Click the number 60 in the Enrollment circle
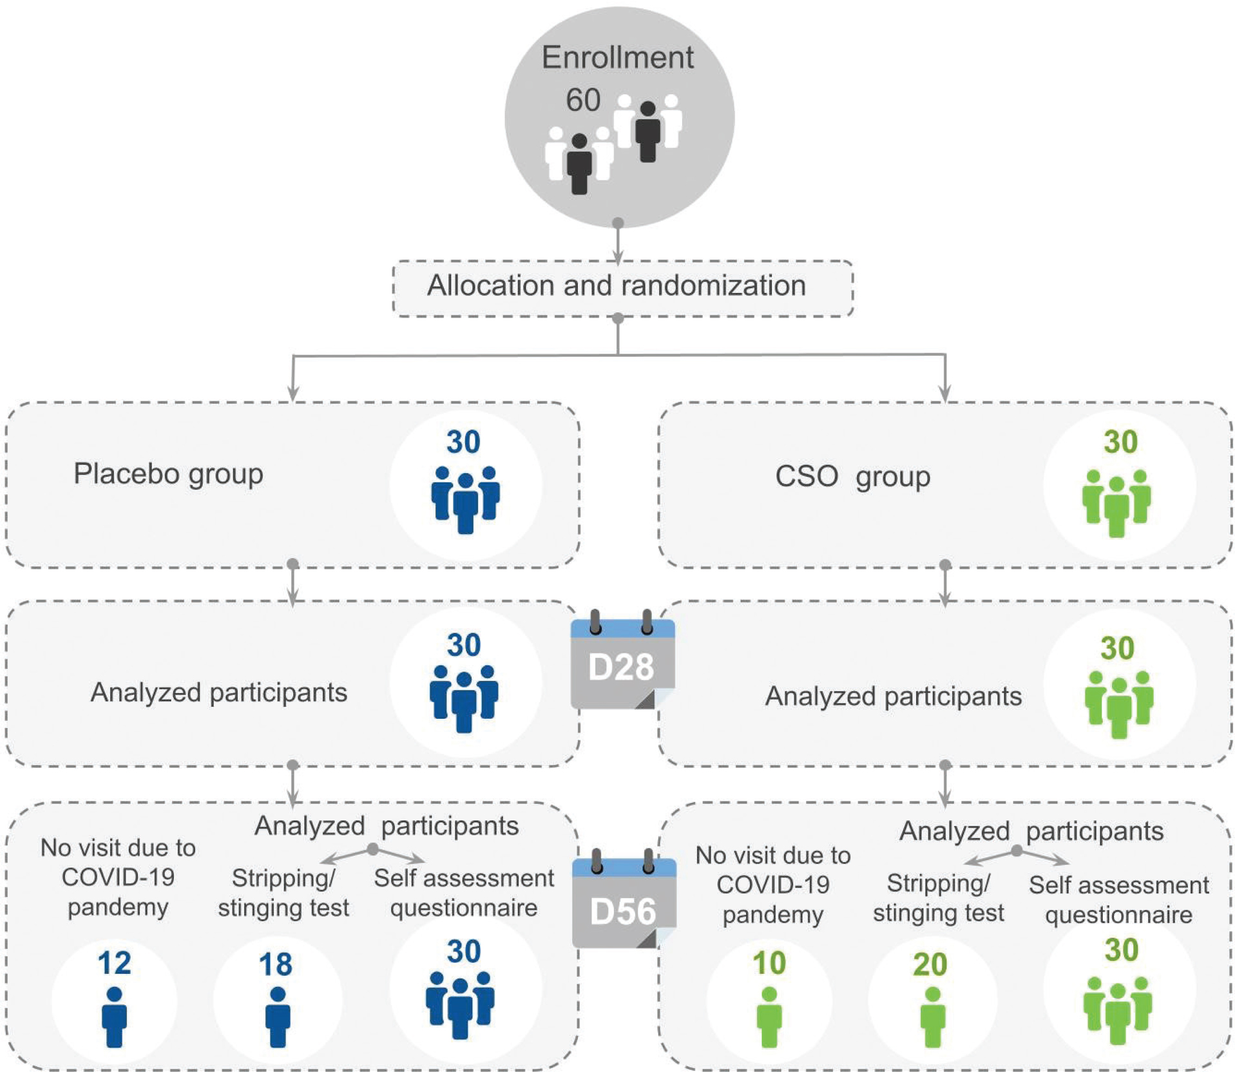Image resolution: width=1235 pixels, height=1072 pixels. click(x=583, y=100)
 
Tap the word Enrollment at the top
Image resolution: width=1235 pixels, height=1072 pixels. click(x=617, y=57)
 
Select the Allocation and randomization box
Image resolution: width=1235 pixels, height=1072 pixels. click(x=623, y=289)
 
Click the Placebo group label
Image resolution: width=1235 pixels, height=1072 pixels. click(x=168, y=475)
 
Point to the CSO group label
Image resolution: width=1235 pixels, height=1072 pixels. click(x=852, y=477)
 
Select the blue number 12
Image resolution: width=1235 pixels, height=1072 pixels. click(x=114, y=963)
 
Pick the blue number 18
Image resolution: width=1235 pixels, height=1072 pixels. click(x=276, y=964)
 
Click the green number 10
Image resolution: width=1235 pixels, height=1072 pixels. click(x=769, y=963)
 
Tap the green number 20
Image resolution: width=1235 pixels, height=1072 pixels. click(x=930, y=964)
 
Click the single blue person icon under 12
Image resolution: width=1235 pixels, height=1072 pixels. click(x=115, y=1017)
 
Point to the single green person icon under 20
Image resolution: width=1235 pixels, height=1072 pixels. click(x=932, y=1017)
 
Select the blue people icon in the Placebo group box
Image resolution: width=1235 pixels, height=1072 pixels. click(x=465, y=500)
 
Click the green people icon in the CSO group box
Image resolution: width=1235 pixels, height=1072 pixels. click(x=1116, y=503)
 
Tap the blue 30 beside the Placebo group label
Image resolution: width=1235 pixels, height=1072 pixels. click(x=463, y=442)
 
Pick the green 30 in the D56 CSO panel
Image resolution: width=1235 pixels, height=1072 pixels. click(x=1122, y=950)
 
